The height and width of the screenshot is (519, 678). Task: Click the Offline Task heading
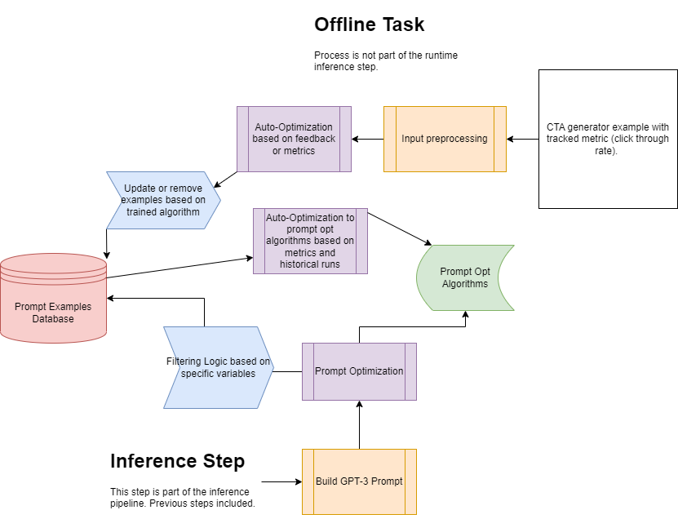369,24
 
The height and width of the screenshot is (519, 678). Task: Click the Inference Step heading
177,461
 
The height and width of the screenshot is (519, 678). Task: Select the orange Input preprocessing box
445,139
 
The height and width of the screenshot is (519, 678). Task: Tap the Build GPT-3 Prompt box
359,481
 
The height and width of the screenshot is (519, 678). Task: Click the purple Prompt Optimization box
359,371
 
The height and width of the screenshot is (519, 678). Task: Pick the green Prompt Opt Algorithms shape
465,277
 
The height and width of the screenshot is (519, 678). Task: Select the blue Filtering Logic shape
219,367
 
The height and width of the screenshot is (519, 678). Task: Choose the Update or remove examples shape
163,200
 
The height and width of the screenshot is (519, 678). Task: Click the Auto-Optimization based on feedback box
294,139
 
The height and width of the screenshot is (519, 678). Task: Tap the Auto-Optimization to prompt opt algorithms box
310,241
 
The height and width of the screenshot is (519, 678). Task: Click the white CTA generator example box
608,139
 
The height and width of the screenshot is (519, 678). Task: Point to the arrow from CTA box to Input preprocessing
522,139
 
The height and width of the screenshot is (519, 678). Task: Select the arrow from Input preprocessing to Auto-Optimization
367,139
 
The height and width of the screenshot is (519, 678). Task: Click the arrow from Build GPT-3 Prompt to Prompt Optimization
359,424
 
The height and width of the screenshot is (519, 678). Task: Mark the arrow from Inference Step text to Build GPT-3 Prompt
281,481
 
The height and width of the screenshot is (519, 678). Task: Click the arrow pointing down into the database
106,241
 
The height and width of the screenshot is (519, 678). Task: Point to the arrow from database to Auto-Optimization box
179,268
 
